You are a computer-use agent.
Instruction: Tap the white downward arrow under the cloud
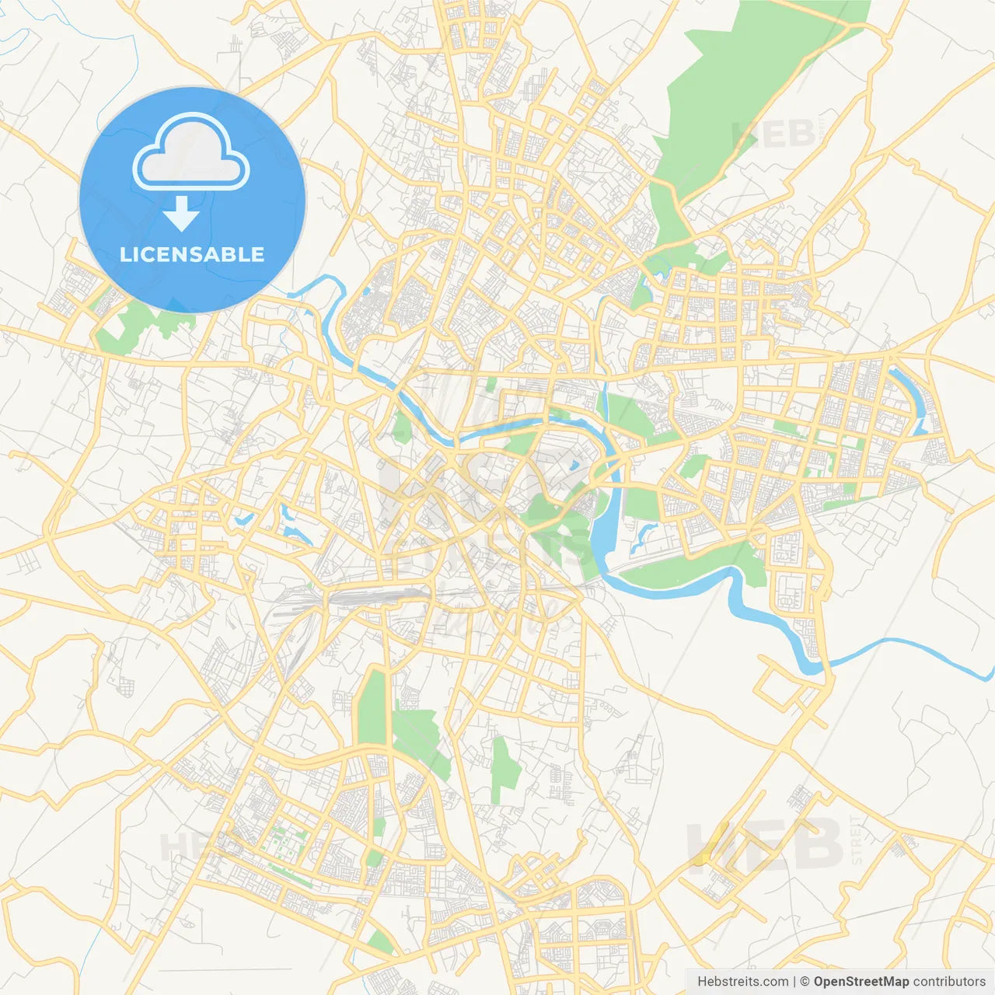181,214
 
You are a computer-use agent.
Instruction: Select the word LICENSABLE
192,254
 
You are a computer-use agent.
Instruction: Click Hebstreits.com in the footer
742,982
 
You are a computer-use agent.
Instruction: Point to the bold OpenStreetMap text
861,982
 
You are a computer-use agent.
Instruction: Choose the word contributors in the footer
949,982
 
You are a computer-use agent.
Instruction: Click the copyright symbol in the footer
805,982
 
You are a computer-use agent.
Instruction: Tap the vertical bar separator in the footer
794,982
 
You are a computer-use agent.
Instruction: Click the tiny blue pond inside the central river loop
574,466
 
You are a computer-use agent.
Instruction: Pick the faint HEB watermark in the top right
773,134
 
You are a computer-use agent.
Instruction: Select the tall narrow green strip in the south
374,707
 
